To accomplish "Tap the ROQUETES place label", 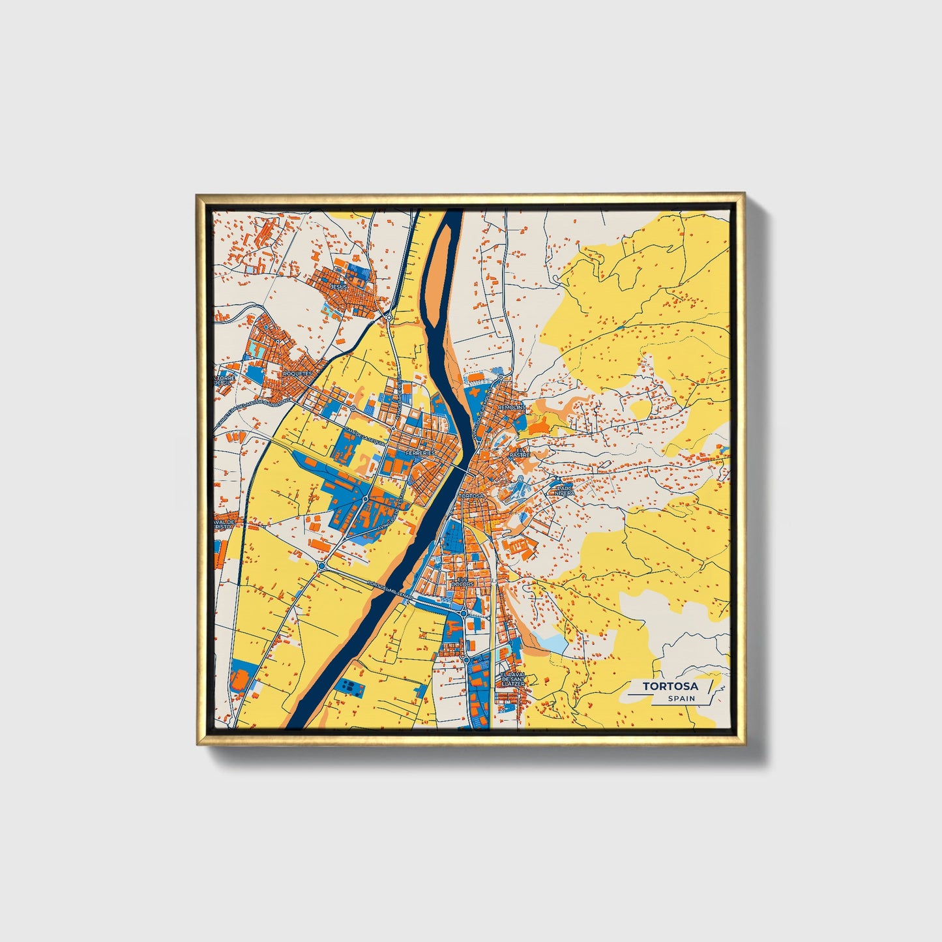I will coord(299,373).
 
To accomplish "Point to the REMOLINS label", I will coord(511,407).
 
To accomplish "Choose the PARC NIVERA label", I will coord(564,490).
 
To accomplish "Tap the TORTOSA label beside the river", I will coord(472,496).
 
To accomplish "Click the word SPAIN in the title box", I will coord(681,698).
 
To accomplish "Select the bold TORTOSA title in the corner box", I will coord(670,686).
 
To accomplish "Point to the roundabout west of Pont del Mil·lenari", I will coord(322,566).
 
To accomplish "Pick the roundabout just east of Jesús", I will coord(389,317).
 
